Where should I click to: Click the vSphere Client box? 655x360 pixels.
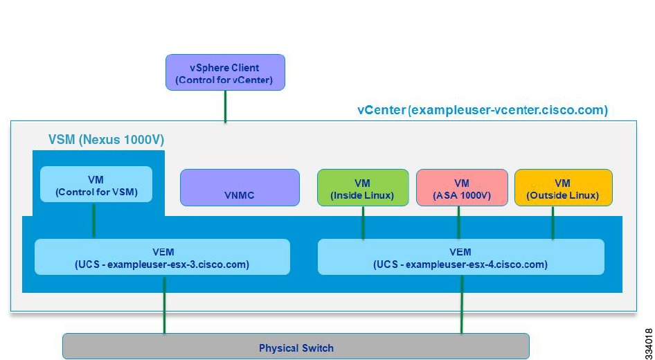[x=225, y=72]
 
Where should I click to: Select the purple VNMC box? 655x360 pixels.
[x=240, y=188]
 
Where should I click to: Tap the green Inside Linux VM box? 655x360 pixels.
[x=363, y=188]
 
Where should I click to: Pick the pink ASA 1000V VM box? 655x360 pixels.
[x=462, y=188]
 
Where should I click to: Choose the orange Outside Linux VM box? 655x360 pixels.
[x=563, y=188]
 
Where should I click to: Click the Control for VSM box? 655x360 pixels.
[x=96, y=184]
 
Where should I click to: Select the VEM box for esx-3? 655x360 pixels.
[x=162, y=257]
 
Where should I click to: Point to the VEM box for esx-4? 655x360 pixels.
[x=460, y=257]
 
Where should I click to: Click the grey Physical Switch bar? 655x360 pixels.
[x=296, y=347]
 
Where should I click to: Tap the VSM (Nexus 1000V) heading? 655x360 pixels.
[x=106, y=140]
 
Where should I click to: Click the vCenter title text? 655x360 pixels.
[x=483, y=110]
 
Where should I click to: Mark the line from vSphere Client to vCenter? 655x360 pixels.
[x=225, y=107]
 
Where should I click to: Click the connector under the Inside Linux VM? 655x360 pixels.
[x=363, y=223]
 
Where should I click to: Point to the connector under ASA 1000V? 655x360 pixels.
[x=458, y=223]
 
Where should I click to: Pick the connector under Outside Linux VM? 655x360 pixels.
[x=553, y=223]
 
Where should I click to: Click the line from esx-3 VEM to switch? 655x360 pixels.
[x=164, y=304]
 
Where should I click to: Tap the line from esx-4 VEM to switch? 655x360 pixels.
[x=462, y=304]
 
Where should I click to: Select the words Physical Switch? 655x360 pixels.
[x=296, y=348]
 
